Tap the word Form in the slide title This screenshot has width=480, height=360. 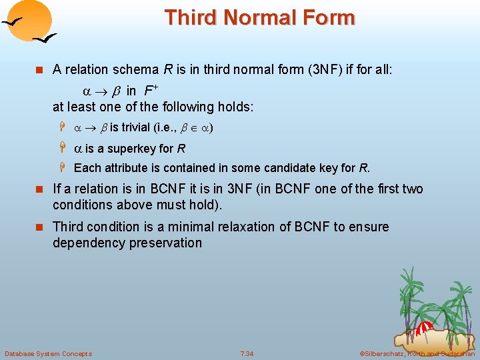pos(330,17)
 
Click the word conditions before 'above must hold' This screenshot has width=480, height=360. pos(83,205)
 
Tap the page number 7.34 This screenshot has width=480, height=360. pos(247,353)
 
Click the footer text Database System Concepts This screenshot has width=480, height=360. pos(48,353)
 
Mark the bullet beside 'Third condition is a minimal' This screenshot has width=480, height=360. pos(39,227)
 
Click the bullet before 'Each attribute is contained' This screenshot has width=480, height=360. pos(60,168)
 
